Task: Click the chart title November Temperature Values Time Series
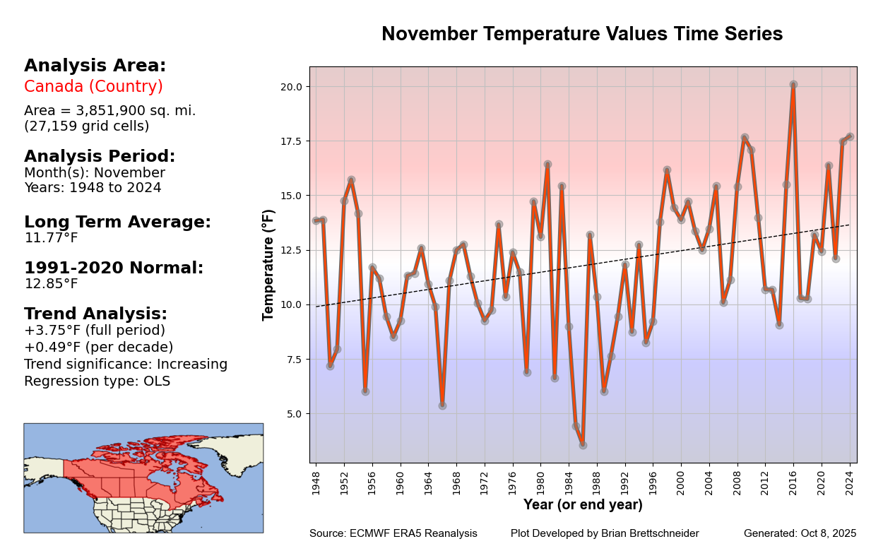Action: pos(582,34)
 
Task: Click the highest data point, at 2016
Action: pos(793,85)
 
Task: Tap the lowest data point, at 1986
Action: pos(583,445)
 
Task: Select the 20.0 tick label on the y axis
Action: pos(292,86)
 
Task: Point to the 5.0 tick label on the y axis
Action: pos(294,414)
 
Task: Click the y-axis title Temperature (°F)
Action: pos(268,265)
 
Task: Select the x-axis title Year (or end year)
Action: pos(583,505)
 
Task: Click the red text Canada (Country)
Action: pos(93,87)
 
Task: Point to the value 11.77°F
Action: pos(51,238)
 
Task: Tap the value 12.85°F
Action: pos(51,284)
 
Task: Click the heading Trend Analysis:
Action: pos(95,314)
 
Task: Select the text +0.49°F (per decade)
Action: pos(98,348)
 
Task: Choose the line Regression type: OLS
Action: pos(97,381)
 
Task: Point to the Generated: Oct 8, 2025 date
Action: pos(800,533)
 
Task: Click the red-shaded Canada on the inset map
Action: pos(141,473)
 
